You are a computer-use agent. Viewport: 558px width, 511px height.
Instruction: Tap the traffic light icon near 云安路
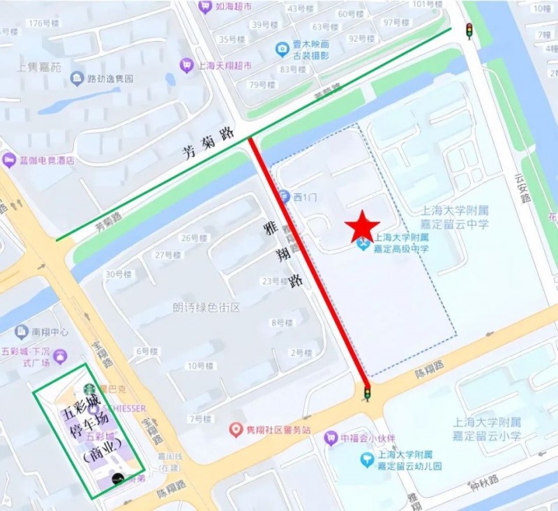pos(469,31)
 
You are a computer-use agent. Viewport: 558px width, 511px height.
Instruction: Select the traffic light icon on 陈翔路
pos(366,395)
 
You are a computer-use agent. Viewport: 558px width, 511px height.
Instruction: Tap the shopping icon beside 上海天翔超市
pos(186,66)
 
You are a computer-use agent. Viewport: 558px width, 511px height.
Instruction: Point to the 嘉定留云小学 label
pos(487,436)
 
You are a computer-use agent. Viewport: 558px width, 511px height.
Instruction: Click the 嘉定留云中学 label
pos(455,224)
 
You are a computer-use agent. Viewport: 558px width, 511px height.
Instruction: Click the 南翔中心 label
pos(50,332)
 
